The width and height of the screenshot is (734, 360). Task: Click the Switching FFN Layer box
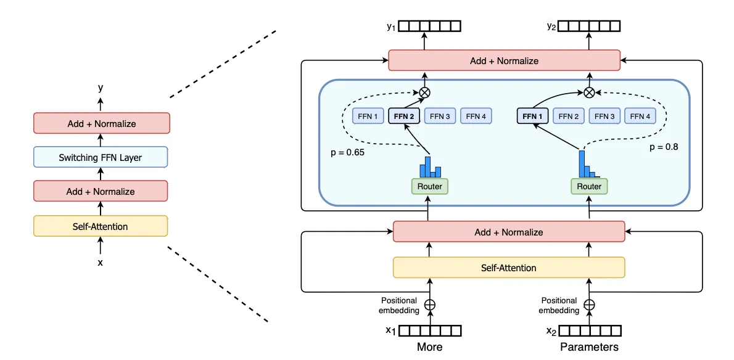pos(101,158)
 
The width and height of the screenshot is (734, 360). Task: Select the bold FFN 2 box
pos(404,116)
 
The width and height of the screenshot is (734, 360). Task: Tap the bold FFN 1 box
pos(532,116)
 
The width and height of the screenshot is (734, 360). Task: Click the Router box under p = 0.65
pos(430,186)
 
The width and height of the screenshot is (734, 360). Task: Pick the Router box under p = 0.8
pos(589,186)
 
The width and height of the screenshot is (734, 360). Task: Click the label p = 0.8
pos(664,148)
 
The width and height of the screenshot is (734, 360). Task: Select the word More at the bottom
pos(429,347)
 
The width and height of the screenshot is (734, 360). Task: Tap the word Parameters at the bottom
pos(589,347)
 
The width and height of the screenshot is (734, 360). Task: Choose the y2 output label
pos(552,27)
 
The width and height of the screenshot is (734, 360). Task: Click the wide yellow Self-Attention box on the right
pos(509,268)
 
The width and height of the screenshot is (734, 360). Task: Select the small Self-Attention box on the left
pos(101,226)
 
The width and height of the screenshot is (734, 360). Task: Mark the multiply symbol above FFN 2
pos(424,92)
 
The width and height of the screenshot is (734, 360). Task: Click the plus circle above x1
pos(430,304)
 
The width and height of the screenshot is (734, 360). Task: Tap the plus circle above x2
pos(589,304)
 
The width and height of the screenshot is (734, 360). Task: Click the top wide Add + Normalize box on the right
pos(504,61)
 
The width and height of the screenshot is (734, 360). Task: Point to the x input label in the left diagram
pos(101,263)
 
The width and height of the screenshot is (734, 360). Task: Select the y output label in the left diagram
pos(101,88)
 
